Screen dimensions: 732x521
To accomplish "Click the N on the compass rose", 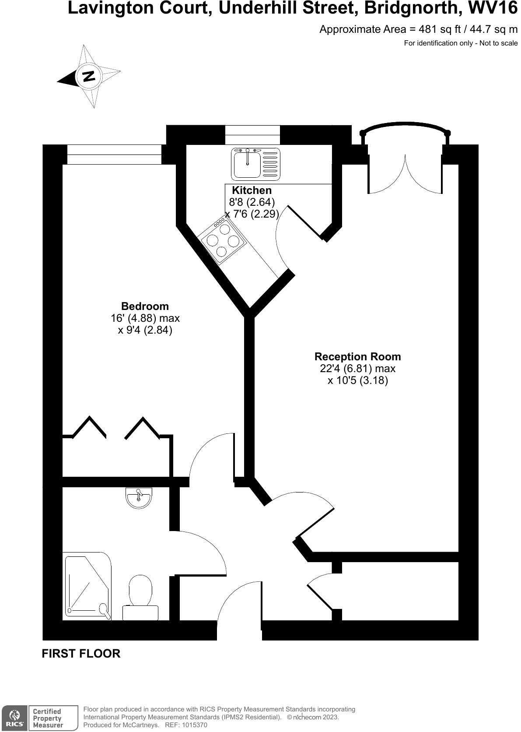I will pyautogui.click(x=88, y=76).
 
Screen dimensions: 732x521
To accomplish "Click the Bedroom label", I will pyautogui.click(x=145, y=306).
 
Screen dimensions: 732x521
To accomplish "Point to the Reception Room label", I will pyautogui.click(x=357, y=356).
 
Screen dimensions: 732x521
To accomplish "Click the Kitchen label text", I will pyautogui.click(x=252, y=190).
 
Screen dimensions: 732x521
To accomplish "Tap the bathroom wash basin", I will pyautogui.click(x=139, y=498).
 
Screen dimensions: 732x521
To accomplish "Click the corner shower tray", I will pyautogui.click(x=87, y=587).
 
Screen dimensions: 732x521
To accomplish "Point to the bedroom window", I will pyautogui.click(x=114, y=155).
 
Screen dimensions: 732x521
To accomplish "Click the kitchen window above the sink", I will pyautogui.click(x=252, y=135).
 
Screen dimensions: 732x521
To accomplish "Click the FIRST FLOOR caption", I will pyautogui.click(x=81, y=654).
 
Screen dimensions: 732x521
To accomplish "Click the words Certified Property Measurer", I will pyautogui.click(x=48, y=718).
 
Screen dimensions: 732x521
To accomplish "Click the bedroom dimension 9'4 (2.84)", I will pyautogui.click(x=145, y=330).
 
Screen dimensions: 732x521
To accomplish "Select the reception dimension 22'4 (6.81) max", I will pyautogui.click(x=357, y=369).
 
